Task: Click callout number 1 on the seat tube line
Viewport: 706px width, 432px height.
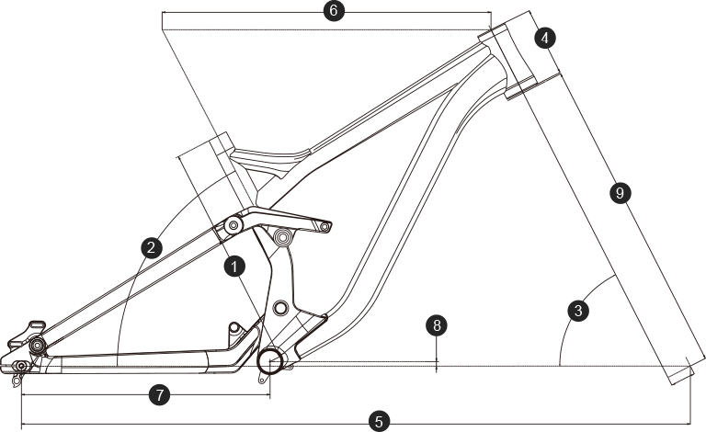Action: click(235, 267)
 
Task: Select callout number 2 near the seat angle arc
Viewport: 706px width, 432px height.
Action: click(153, 246)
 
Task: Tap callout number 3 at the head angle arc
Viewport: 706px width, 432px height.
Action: click(578, 311)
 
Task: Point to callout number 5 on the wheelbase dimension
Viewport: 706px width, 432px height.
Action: click(378, 422)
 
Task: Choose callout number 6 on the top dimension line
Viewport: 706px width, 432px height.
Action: click(333, 11)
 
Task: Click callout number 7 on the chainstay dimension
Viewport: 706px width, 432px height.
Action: click(159, 395)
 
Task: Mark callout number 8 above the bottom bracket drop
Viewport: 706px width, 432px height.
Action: click(438, 325)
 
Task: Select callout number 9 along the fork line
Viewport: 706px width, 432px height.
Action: click(620, 193)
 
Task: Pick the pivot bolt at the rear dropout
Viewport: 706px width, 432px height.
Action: click(37, 344)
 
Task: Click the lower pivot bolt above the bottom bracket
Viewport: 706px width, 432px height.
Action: click(281, 306)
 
